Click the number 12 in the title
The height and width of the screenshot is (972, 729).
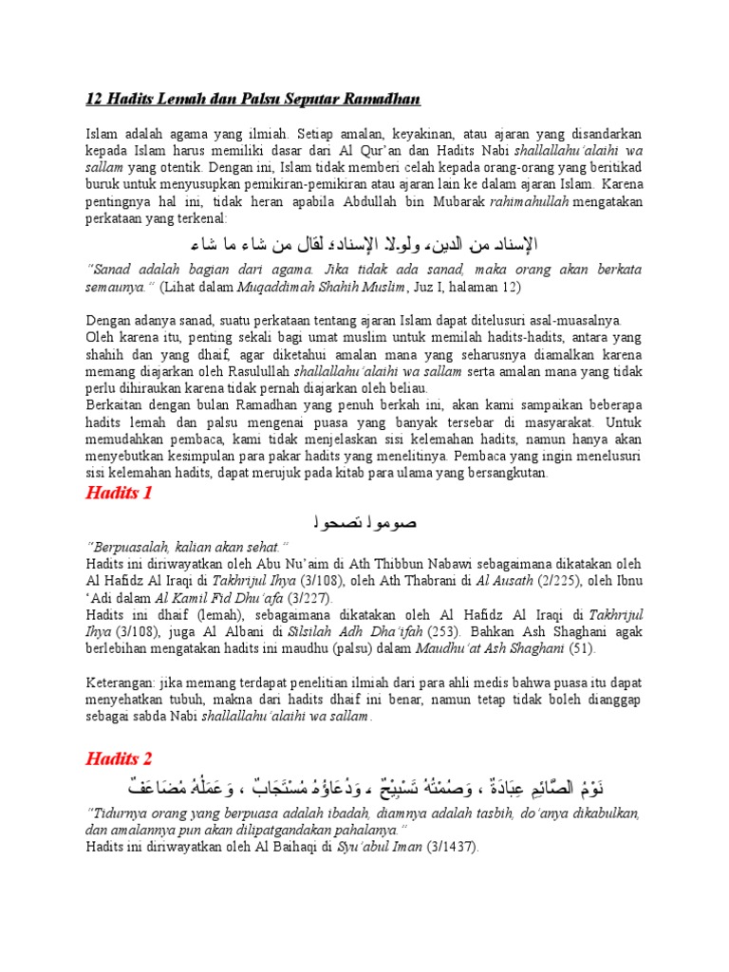point(94,100)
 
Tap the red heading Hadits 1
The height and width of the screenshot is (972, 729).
point(119,493)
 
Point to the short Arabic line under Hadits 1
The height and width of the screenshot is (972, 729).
point(364,523)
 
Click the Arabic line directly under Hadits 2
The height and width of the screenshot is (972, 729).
point(364,789)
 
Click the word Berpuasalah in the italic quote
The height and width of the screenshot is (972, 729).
point(129,547)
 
